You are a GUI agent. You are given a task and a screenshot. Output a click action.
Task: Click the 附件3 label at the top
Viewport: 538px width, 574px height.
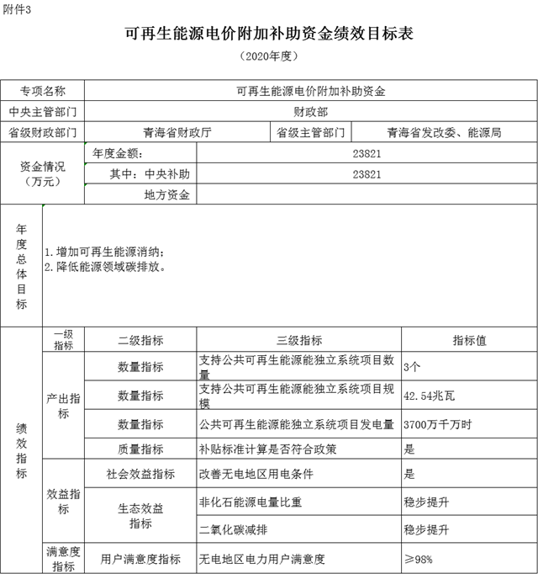(x=18, y=8)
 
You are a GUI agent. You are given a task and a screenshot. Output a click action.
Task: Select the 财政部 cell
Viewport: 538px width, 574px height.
(x=310, y=111)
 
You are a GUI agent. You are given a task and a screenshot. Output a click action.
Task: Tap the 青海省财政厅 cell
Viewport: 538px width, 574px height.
(x=177, y=133)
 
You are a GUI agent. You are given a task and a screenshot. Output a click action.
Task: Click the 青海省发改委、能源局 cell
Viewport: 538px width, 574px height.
(x=444, y=133)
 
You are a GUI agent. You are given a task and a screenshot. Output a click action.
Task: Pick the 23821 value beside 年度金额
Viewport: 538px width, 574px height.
(x=367, y=154)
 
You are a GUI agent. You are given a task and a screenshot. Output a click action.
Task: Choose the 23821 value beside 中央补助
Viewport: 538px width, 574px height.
(x=367, y=175)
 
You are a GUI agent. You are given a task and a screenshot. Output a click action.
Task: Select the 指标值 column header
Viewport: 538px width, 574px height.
(x=469, y=341)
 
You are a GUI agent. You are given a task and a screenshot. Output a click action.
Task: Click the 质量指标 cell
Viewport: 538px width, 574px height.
(x=140, y=449)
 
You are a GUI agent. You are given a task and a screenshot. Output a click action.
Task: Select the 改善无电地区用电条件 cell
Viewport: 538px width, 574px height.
(x=256, y=474)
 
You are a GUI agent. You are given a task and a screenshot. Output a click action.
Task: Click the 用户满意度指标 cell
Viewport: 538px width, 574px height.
(x=140, y=559)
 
